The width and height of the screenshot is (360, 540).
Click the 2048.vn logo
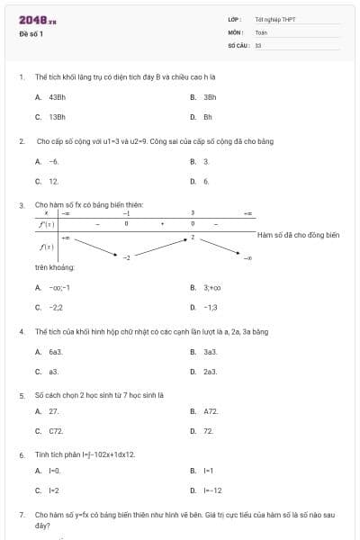tap(38, 20)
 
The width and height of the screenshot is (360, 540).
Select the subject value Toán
tap(261, 32)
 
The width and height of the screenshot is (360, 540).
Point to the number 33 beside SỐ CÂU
tap(258, 44)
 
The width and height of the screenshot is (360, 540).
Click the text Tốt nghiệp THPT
tap(274, 19)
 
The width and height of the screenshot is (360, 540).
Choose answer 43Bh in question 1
tap(57, 96)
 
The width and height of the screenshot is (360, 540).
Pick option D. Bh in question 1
tap(207, 117)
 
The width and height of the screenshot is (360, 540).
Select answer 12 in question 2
tap(54, 181)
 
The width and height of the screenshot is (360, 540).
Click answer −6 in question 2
tap(54, 161)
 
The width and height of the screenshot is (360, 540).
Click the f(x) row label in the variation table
tap(46, 246)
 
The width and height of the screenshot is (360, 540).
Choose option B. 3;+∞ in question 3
tap(211, 288)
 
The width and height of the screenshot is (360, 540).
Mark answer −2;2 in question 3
tap(56, 308)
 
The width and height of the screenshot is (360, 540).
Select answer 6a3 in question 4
tap(55, 352)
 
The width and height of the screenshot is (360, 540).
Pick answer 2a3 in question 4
tap(210, 372)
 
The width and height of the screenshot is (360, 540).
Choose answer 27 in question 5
tap(54, 411)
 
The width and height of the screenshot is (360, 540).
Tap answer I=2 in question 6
tap(54, 490)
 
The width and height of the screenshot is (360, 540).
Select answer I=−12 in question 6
tap(212, 490)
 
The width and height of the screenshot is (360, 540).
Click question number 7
tap(21, 515)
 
